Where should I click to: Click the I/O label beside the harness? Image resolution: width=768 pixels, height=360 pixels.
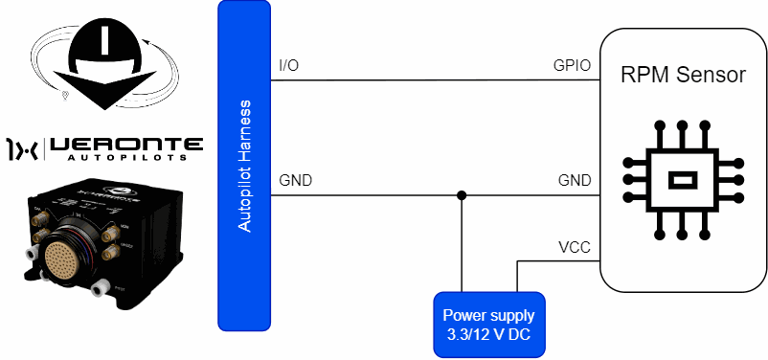pyautogui.click(x=288, y=66)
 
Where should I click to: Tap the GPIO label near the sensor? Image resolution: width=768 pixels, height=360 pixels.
pyautogui.click(x=572, y=66)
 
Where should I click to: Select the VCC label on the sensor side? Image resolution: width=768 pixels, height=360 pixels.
pyautogui.click(x=575, y=247)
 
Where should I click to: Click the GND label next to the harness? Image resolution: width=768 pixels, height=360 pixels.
pyautogui.click(x=295, y=181)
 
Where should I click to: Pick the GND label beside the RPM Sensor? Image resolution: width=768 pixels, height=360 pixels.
pyautogui.click(x=575, y=181)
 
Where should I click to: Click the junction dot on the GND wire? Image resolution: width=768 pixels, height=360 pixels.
pyautogui.click(x=461, y=195)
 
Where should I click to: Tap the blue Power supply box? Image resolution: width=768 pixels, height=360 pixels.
pyautogui.click(x=489, y=325)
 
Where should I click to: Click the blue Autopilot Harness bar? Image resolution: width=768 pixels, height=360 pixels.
pyautogui.click(x=244, y=166)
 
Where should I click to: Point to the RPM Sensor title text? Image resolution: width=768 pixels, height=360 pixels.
pyautogui.click(x=684, y=75)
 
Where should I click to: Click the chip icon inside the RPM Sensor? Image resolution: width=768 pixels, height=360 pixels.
pyautogui.click(x=683, y=180)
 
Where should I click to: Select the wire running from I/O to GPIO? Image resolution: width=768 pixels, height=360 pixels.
pyautogui.click(x=436, y=80)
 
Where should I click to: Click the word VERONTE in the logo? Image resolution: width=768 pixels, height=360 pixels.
pyautogui.click(x=126, y=144)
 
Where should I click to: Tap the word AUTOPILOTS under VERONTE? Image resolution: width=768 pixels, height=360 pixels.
pyautogui.click(x=126, y=158)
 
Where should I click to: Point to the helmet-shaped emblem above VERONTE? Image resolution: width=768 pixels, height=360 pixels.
pyautogui.click(x=104, y=65)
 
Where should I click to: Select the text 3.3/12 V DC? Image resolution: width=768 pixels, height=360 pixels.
pyautogui.click(x=488, y=335)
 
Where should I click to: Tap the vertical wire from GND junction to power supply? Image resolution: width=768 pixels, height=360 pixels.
pyautogui.click(x=461, y=244)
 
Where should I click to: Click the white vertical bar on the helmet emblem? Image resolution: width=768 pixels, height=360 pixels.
pyautogui.click(x=103, y=39)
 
